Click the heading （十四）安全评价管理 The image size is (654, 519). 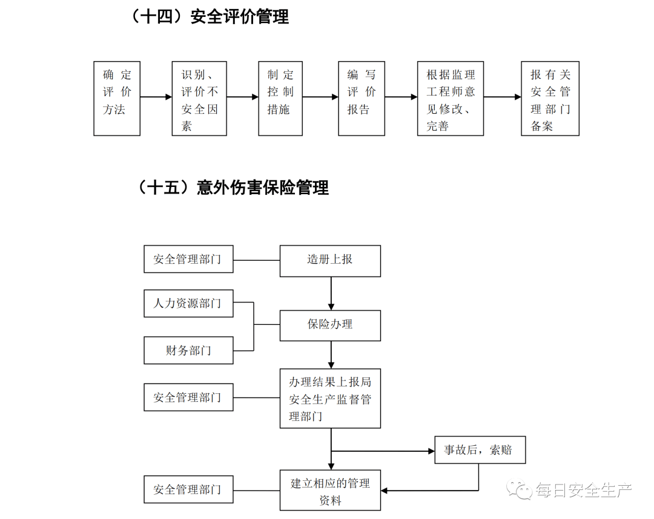click(209, 16)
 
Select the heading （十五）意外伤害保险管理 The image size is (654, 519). click(233, 188)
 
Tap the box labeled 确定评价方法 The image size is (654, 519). click(117, 98)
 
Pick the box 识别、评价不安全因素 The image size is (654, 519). click(199, 98)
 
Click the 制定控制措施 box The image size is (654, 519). click(280, 98)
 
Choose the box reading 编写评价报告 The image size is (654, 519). click(362, 98)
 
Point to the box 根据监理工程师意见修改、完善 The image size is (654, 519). click(451, 98)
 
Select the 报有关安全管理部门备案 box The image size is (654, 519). click(550, 98)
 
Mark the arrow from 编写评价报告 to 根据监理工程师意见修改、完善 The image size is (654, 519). click(401, 97)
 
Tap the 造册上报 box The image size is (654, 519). click(330, 261)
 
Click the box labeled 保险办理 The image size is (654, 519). click(330, 325)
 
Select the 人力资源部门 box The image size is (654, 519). click(188, 303)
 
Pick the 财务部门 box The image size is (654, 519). click(188, 351)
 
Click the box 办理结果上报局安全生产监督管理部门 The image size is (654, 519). click(330, 398)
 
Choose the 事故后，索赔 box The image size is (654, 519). click(480, 450)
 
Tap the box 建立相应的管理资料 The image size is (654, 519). click(330, 490)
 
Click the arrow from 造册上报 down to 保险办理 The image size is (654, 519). click(331, 293)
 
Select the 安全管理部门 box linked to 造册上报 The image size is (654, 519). click(188, 259)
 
